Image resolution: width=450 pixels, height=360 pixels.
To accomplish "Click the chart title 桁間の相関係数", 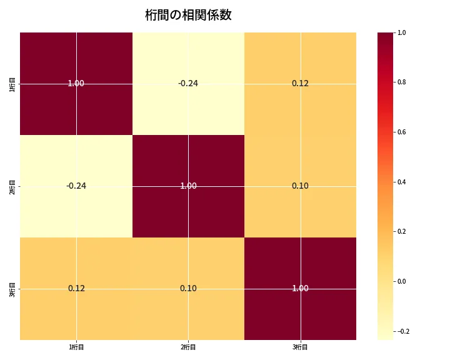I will tap(188, 15).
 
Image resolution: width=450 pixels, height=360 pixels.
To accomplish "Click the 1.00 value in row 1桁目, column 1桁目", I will tap(76, 83).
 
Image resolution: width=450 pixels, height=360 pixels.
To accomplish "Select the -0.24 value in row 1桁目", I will tap(188, 83).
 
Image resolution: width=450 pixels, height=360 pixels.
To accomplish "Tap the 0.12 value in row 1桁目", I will tap(300, 83).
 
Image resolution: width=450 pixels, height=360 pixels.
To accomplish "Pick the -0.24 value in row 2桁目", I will tap(76, 186).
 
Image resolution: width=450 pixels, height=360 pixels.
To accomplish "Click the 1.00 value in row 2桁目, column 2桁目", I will tap(188, 186).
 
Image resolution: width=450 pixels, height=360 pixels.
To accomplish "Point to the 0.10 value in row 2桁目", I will tap(300, 186).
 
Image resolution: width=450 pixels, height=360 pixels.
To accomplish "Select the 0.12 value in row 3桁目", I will tap(76, 288).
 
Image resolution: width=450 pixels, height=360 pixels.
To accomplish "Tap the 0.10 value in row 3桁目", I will tap(188, 288).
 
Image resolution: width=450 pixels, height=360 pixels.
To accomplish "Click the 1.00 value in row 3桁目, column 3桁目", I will tap(300, 288).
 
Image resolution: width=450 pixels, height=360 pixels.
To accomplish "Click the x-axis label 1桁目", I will tap(76, 347).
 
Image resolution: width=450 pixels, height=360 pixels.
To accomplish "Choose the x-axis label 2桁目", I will tap(188, 347).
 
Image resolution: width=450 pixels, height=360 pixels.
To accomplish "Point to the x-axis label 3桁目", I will tap(300, 347).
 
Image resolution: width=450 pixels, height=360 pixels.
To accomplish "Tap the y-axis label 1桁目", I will tap(13, 83).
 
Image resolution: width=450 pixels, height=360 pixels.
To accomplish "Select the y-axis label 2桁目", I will tap(13, 186).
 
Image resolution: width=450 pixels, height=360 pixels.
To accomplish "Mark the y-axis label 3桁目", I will tap(13, 288).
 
